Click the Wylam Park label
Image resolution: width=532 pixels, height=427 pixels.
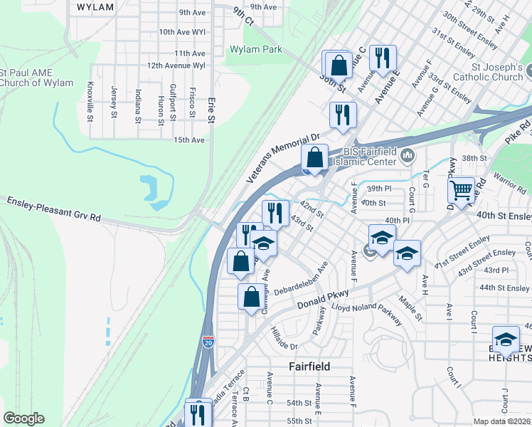pyautogui.click(x=255, y=50)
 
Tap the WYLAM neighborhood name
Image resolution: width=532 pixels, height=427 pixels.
pyautogui.click(x=95, y=7)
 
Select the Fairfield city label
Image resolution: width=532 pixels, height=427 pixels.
pyautogui.click(x=309, y=366)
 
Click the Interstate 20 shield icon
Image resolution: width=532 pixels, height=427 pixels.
pyautogui.click(x=208, y=342)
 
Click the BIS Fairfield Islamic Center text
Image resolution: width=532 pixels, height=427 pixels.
pyautogui.click(x=369, y=156)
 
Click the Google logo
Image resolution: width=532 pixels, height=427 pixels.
pyautogui.click(x=23, y=418)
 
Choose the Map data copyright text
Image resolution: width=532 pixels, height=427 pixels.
pyautogui.click(x=502, y=421)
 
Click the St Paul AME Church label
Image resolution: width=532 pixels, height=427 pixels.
pyautogui.click(x=36, y=78)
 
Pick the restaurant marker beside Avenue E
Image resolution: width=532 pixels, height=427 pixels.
pyautogui.click(x=384, y=58)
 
